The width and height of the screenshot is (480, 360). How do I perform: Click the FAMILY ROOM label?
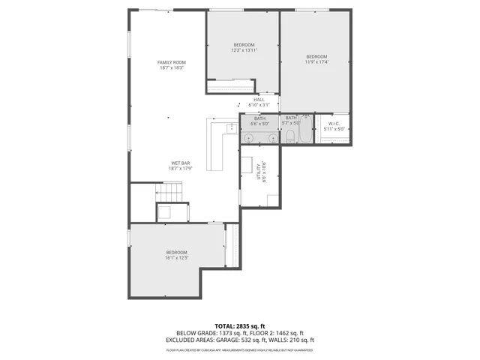pyautogui.click(x=171, y=62)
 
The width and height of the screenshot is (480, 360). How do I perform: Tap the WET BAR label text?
pyautogui.click(x=181, y=163)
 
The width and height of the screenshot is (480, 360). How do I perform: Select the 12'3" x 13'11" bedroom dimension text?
pyautogui.click(x=243, y=50)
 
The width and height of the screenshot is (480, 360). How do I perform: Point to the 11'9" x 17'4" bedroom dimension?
pyautogui.click(x=316, y=62)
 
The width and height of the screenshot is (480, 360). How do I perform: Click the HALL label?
pyautogui.click(x=259, y=100)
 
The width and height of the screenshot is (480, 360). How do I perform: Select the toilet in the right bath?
pyautogui.click(x=289, y=136)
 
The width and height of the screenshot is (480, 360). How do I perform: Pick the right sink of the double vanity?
pyautogui.click(x=268, y=137)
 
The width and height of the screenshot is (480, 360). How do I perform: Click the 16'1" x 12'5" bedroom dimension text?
pyautogui.click(x=176, y=258)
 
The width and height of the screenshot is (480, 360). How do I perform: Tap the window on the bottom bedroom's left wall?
pyautogui.click(x=130, y=238)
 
